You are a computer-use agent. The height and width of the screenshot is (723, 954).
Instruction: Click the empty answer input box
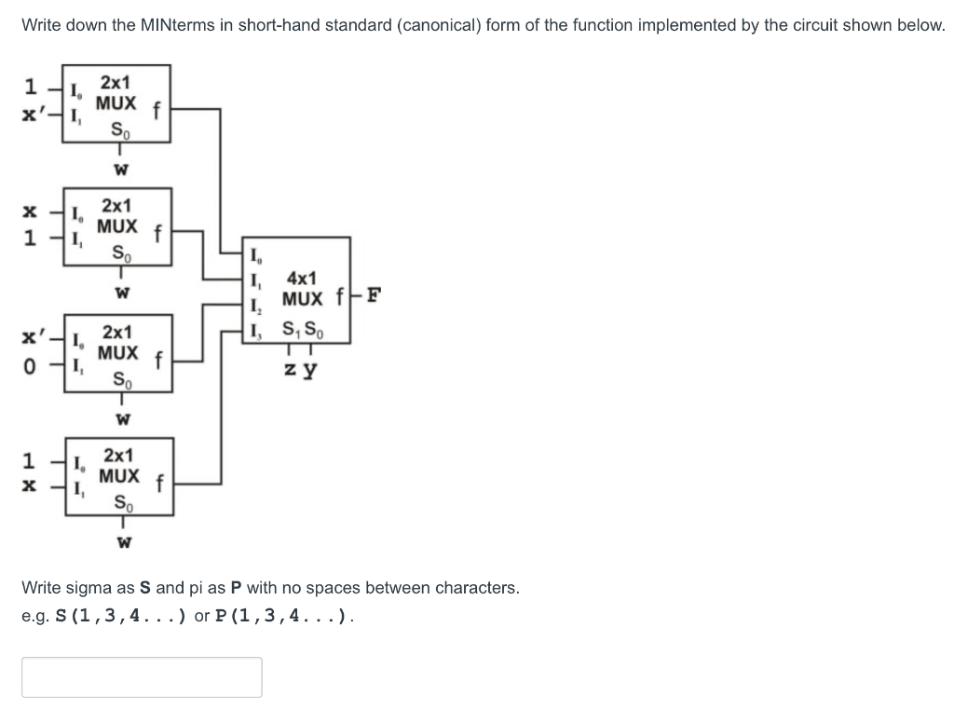coord(142,677)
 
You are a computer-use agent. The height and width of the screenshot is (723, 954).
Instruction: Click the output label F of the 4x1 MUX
coord(373,299)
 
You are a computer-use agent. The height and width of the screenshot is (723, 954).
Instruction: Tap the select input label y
coord(310,370)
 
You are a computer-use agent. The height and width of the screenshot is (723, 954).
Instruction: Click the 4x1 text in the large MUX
coord(302,279)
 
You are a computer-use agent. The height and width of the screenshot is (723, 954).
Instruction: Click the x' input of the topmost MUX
coord(34,113)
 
